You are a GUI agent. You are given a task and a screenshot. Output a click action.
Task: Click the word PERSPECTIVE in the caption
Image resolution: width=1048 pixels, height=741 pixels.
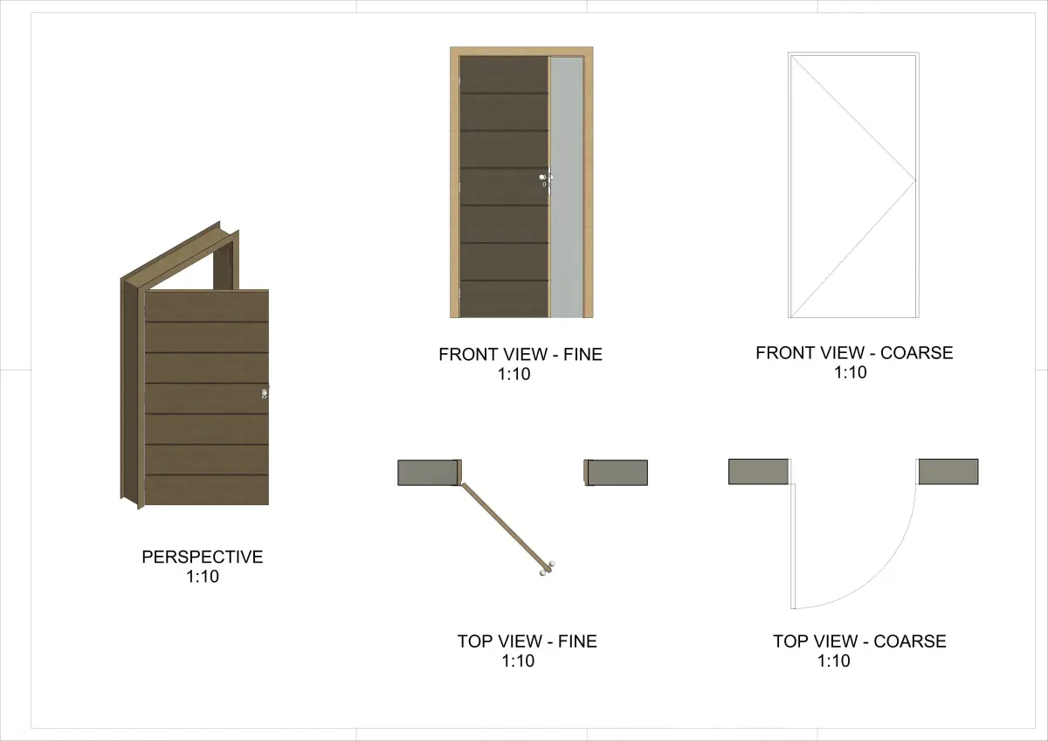tap(202, 557)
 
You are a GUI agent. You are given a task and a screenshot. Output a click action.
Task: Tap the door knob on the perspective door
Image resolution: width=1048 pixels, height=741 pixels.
tap(265, 393)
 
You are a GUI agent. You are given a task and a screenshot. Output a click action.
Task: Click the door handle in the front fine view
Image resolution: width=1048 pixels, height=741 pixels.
tap(546, 178)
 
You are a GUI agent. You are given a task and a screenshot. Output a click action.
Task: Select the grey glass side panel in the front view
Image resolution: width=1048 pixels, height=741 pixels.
tap(567, 187)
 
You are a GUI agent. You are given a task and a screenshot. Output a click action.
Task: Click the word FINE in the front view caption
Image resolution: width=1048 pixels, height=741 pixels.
tap(583, 355)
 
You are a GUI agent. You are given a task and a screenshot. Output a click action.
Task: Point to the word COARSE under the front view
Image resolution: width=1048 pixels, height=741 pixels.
tap(916, 353)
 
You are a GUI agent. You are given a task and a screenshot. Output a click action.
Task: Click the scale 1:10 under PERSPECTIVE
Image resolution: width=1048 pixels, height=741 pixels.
tap(202, 576)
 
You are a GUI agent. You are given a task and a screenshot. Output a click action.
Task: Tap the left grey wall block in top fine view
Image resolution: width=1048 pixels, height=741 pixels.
tap(427, 473)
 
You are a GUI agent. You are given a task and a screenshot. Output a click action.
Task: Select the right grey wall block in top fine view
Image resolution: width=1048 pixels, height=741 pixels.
tap(617, 473)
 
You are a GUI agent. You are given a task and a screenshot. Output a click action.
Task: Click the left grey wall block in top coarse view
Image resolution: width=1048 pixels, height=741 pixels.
tap(758, 471)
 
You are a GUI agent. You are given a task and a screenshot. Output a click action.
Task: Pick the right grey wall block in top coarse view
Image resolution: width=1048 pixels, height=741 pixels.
tap(948, 471)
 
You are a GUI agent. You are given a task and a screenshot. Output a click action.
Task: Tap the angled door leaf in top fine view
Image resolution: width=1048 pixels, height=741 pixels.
tap(506, 525)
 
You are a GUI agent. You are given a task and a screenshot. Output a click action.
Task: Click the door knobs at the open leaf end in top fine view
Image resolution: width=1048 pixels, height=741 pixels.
tap(548, 568)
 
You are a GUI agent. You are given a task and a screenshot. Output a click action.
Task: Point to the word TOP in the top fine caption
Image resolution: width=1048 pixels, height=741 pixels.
tap(473, 641)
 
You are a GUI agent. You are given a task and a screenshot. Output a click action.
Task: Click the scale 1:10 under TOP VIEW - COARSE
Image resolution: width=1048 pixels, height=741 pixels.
tap(834, 661)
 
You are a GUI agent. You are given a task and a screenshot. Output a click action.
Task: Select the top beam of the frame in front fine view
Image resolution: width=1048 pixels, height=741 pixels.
tap(521, 52)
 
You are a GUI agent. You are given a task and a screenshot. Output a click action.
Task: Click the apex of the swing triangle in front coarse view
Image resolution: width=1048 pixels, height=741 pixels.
tap(915, 180)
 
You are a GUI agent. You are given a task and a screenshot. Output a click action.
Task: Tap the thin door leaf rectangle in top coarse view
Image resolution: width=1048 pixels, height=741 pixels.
tap(793, 546)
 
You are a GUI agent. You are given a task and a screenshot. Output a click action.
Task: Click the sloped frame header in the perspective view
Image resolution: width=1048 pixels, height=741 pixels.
tap(180, 255)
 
